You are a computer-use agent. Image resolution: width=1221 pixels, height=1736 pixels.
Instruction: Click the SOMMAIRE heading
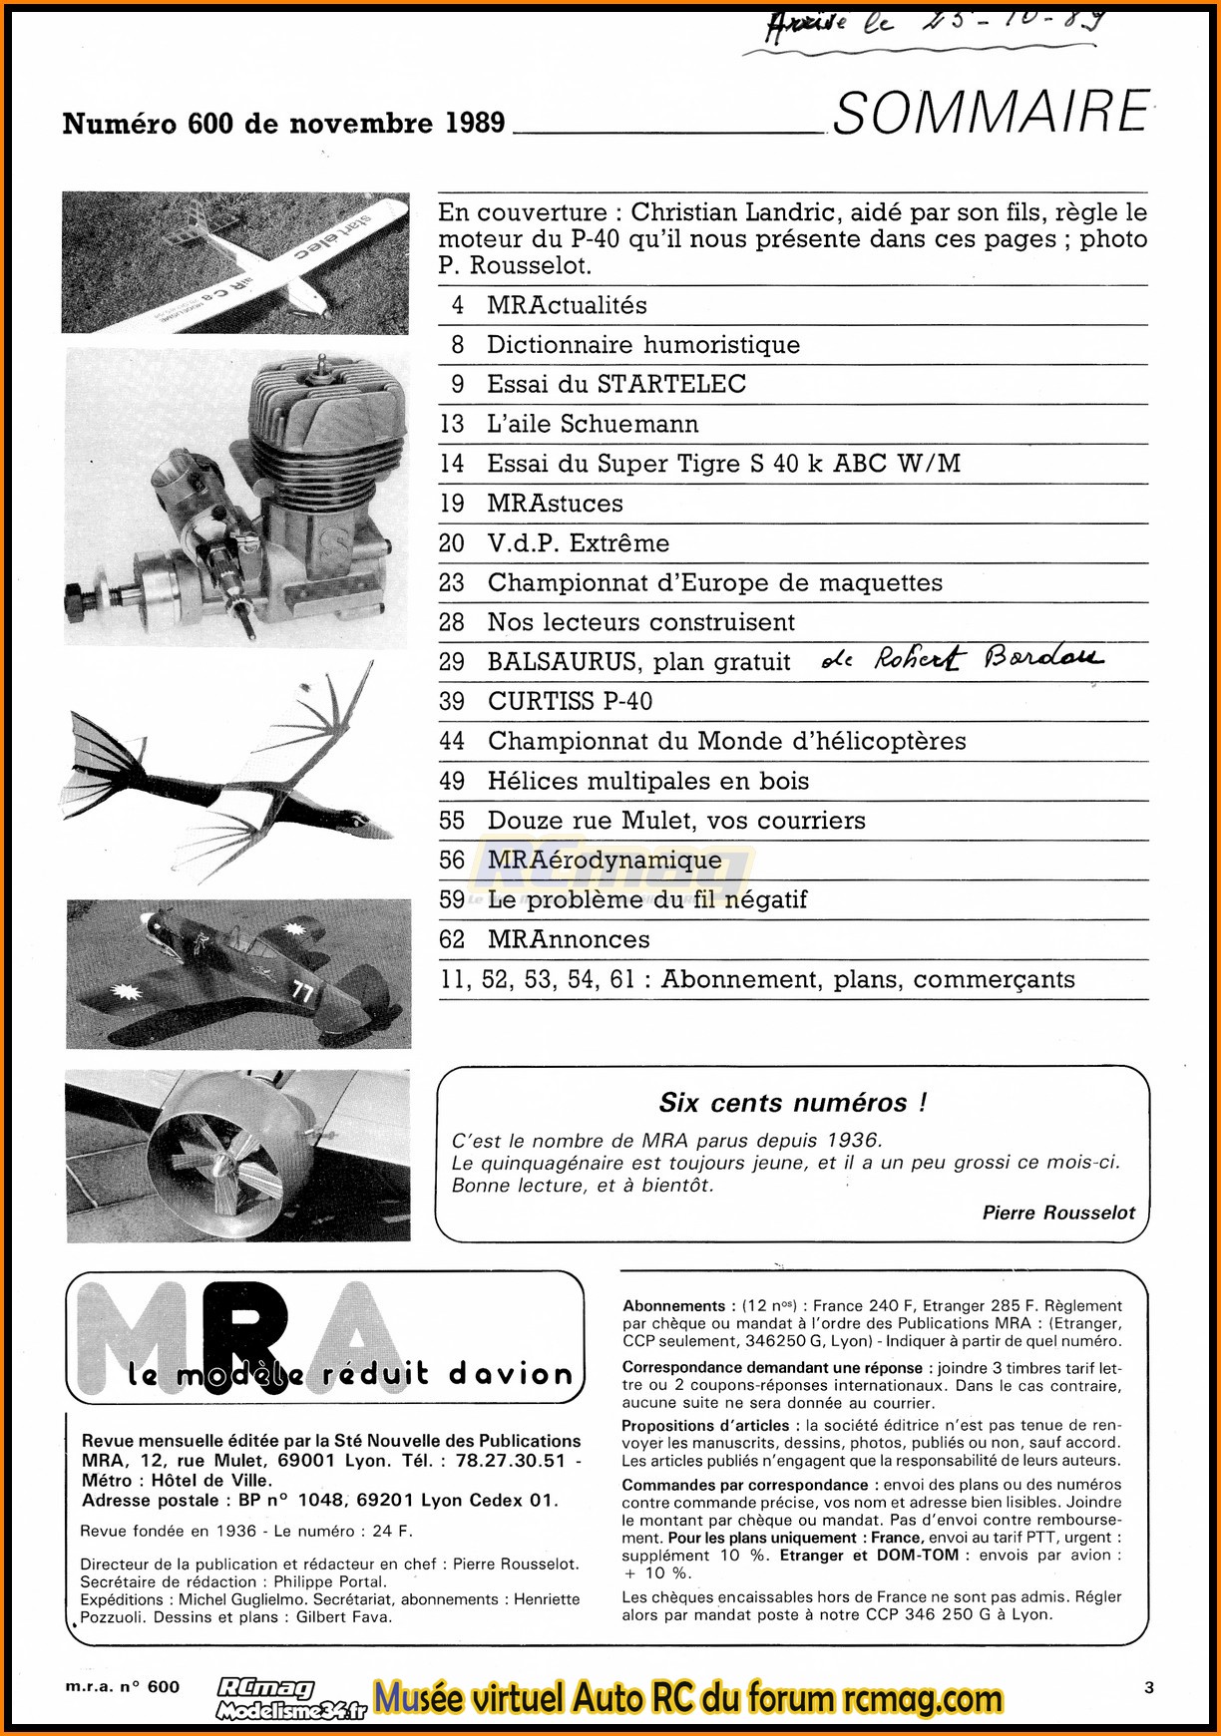pyautogui.click(x=991, y=112)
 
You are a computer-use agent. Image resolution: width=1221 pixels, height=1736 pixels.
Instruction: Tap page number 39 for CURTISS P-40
pyautogui.click(x=452, y=701)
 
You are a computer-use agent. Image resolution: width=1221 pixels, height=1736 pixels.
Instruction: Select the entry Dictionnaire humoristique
pyautogui.click(x=642, y=345)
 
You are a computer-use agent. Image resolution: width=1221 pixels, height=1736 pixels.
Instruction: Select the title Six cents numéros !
pyautogui.click(x=793, y=1103)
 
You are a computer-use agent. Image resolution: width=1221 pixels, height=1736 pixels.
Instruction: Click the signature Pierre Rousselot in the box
pyautogui.click(x=1058, y=1213)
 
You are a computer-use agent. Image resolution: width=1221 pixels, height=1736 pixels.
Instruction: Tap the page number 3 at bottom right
pyautogui.click(x=1149, y=1687)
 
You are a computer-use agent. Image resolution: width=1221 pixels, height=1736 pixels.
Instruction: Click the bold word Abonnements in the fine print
pyautogui.click(x=673, y=1306)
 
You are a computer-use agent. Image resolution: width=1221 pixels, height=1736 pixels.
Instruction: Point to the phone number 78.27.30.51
pyautogui.click(x=510, y=1461)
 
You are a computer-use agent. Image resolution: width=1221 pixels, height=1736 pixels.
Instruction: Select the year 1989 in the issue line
pyautogui.click(x=475, y=123)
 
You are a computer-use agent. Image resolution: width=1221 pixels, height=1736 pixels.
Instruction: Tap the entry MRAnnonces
pyautogui.click(x=568, y=939)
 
